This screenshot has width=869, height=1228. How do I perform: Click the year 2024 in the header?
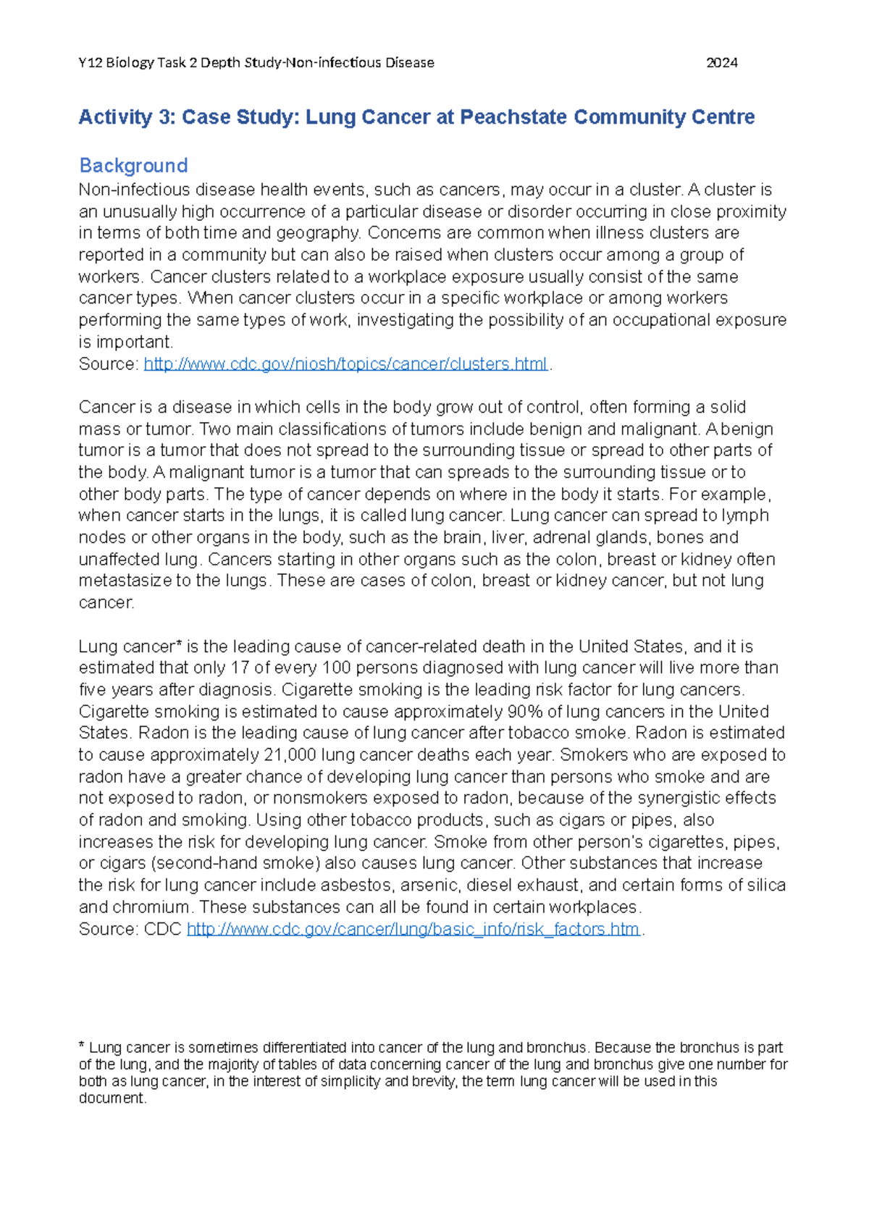pyautogui.click(x=721, y=63)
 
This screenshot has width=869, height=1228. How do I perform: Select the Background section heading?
pyautogui.click(x=133, y=166)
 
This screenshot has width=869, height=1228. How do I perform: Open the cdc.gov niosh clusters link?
pyautogui.click(x=345, y=363)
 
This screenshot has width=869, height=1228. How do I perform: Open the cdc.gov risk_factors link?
pyautogui.click(x=413, y=929)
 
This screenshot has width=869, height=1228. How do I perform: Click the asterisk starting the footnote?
pyautogui.click(x=82, y=1046)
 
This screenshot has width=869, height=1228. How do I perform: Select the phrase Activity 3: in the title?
pyautogui.click(x=127, y=117)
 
